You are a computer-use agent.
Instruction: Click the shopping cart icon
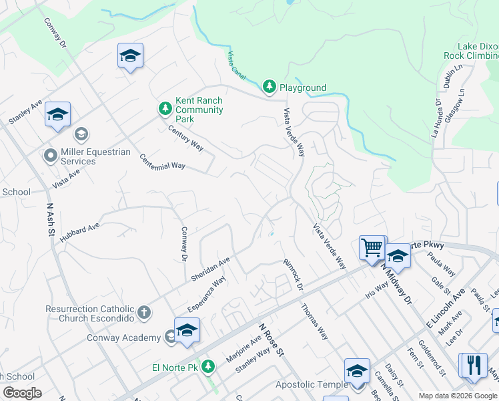pyautogui.click(x=372, y=247)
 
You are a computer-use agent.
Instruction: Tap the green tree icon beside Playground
pyautogui.click(x=269, y=87)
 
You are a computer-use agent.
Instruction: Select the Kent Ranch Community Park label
pyautogui.click(x=198, y=110)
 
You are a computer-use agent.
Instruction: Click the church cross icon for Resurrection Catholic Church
pyautogui.click(x=143, y=312)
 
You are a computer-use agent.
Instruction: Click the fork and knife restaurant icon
pyautogui.click(x=474, y=365)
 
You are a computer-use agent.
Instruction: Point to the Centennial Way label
pyautogui.click(x=162, y=161)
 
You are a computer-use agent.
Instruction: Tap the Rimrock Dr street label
pyautogui.click(x=292, y=273)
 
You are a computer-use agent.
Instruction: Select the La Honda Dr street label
pyautogui.click(x=437, y=118)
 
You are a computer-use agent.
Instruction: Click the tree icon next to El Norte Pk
pyautogui.click(x=208, y=367)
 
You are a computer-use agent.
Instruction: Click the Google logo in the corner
pyautogui.click(x=22, y=393)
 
